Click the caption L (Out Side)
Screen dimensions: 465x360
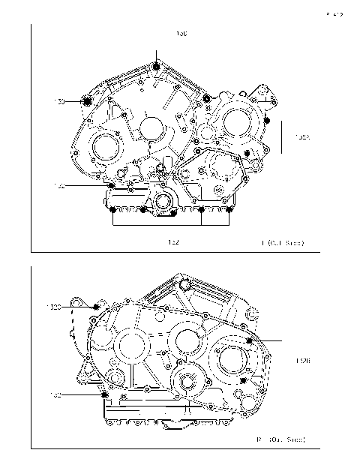(x=283, y=243)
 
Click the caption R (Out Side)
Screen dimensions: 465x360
(x=281, y=438)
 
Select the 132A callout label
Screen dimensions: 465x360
(x=298, y=137)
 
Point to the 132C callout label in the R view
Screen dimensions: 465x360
(x=55, y=307)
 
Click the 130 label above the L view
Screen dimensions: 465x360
(x=181, y=34)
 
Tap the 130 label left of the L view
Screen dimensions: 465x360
(x=59, y=101)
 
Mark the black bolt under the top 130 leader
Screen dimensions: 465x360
(x=156, y=68)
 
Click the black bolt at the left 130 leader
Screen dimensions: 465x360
(x=86, y=101)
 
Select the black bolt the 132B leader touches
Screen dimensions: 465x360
(x=248, y=340)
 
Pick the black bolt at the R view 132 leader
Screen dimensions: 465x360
(x=104, y=395)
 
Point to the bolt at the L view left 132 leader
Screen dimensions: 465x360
(x=112, y=185)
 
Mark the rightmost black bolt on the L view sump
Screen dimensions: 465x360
(x=229, y=208)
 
